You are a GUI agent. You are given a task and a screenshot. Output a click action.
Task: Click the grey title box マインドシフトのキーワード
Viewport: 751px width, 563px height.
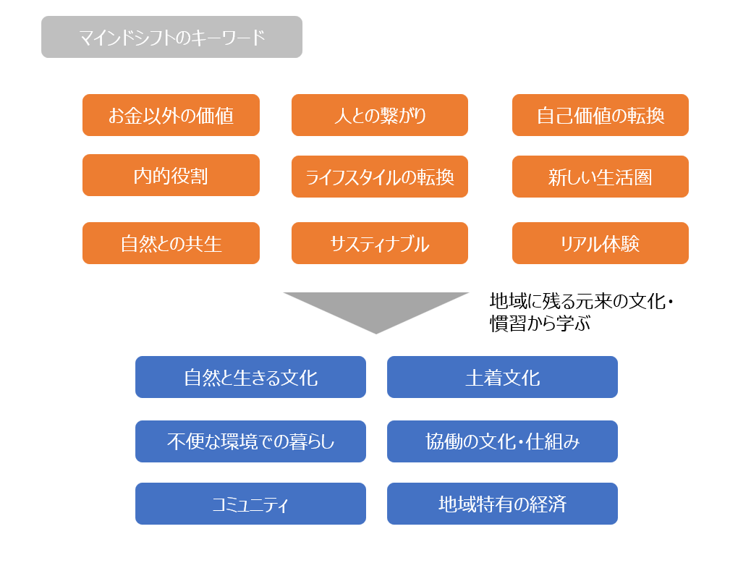(x=171, y=37)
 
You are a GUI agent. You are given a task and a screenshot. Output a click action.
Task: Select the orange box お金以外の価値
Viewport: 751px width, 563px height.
(x=171, y=115)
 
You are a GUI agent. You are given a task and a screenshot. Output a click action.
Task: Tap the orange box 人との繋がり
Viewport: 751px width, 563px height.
(x=380, y=115)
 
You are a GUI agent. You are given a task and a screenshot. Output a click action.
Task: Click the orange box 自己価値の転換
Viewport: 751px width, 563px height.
(x=600, y=115)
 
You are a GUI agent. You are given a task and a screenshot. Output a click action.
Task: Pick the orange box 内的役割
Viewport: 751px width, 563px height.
(x=171, y=175)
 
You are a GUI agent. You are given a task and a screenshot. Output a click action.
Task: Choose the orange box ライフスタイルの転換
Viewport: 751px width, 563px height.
(x=380, y=177)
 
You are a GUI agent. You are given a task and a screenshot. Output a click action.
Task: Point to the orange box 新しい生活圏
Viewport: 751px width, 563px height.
(x=600, y=177)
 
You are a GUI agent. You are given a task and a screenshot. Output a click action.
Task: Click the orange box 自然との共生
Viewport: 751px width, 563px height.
(x=171, y=243)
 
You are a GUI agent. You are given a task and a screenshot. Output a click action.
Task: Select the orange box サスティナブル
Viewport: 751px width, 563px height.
(x=380, y=243)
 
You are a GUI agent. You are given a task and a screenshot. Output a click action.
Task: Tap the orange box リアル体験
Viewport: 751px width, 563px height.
(x=600, y=243)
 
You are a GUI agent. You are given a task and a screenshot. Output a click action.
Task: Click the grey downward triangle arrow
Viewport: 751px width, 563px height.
(x=376, y=307)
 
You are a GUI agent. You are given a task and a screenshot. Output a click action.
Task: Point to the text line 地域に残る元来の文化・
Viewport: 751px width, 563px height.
(x=582, y=301)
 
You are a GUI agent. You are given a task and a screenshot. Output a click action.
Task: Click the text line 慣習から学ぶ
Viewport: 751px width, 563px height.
(x=540, y=323)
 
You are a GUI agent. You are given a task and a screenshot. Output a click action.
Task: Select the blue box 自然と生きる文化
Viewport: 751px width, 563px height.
(x=250, y=377)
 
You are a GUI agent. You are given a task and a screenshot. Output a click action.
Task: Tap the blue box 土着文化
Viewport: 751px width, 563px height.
(x=502, y=377)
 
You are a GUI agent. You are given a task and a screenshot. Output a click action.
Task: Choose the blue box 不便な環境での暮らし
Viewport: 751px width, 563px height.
(x=250, y=441)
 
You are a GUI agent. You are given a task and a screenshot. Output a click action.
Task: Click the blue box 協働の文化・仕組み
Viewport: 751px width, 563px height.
(x=502, y=441)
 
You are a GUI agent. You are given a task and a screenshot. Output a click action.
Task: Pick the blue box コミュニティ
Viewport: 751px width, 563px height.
(x=250, y=504)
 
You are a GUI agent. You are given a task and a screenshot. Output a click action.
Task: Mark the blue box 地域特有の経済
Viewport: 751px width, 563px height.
(x=502, y=504)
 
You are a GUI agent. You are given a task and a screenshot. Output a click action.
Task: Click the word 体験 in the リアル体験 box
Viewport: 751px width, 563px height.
(x=621, y=244)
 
